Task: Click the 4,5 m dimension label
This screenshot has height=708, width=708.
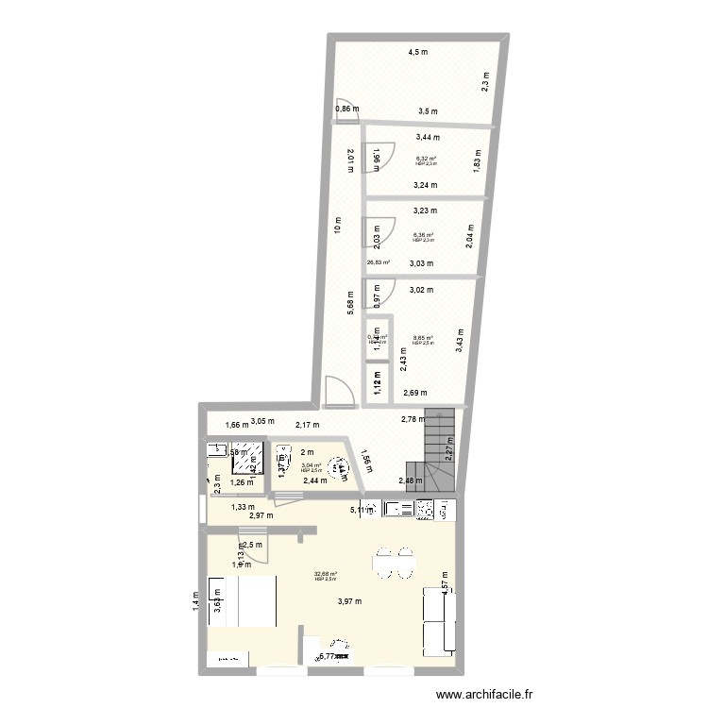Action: (416, 52)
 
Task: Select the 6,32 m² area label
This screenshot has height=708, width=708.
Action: (424, 159)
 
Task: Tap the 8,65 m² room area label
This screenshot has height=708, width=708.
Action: (422, 338)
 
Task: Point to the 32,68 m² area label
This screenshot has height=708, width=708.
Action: (326, 573)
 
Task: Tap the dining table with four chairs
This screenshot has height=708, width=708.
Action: (394, 565)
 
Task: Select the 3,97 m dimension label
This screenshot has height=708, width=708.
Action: (351, 601)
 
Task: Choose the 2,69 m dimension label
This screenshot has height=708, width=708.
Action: (415, 393)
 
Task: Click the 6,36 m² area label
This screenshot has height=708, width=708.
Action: (422, 236)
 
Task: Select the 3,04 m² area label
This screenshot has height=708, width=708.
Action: (312, 465)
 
